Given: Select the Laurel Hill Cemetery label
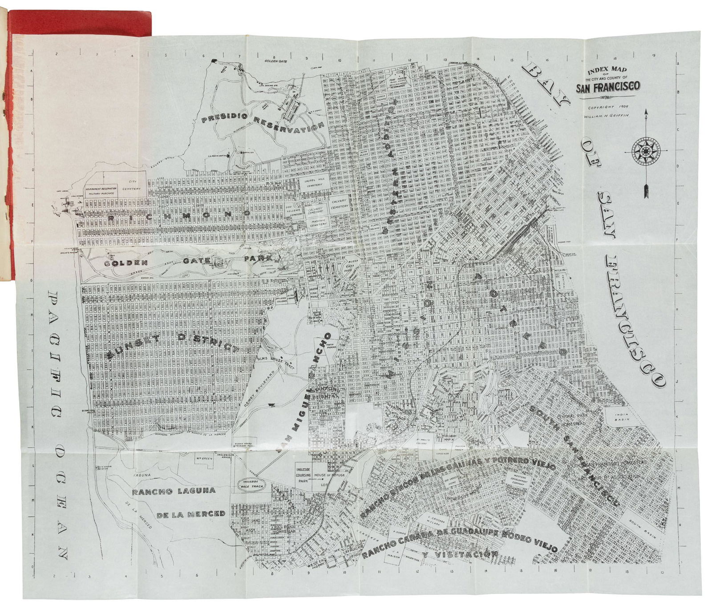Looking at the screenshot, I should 313,183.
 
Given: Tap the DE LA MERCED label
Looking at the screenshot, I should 190,514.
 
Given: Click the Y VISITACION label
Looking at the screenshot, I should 459,555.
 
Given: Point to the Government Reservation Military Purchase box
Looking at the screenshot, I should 101,190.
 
